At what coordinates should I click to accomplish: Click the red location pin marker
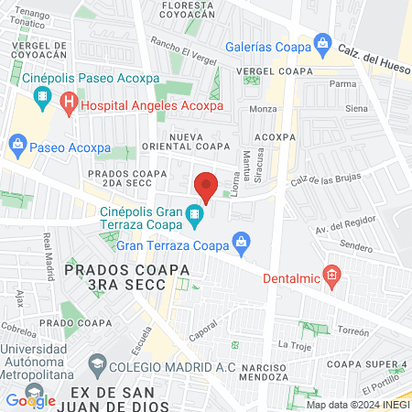pyautogui.click(x=207, y=187)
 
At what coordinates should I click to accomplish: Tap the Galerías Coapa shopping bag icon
pyautogui.click(x=322, y=43)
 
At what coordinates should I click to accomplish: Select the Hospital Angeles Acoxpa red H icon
pyautogui.click(x=68, y=105)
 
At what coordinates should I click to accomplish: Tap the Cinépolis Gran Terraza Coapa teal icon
pyautogui.click(x=193, y=217)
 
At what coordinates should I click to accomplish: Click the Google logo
pyautogui.click(x=30, y=400)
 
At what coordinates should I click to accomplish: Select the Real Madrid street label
pyautogui.click(x=46, y=251)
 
